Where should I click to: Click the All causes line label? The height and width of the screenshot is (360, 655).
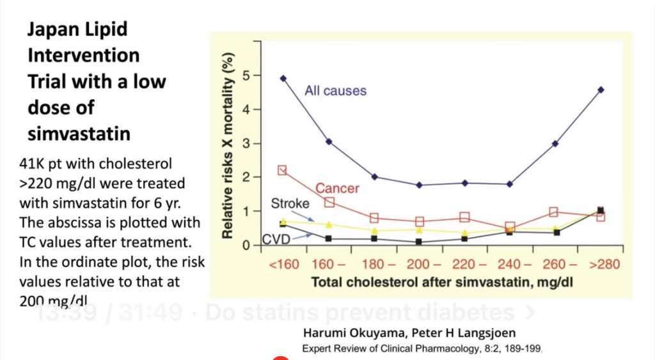(335, 91)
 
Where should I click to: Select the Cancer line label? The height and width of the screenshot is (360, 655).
(337, 189)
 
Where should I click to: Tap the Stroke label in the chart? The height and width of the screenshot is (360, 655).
(290, 204)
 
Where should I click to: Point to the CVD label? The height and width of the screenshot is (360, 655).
(276, 240)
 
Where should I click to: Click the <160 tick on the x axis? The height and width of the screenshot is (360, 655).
(283, 264)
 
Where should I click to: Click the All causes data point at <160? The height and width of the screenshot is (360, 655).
(283, 79)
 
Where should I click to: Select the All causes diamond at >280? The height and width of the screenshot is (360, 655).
(601, 90)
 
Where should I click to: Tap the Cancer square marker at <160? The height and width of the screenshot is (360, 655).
(283, 171)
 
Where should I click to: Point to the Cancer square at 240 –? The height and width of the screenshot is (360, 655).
(510, 227)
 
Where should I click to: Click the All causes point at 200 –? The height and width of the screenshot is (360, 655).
(418, 185)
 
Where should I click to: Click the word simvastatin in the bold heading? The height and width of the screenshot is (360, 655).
(79, 134)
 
